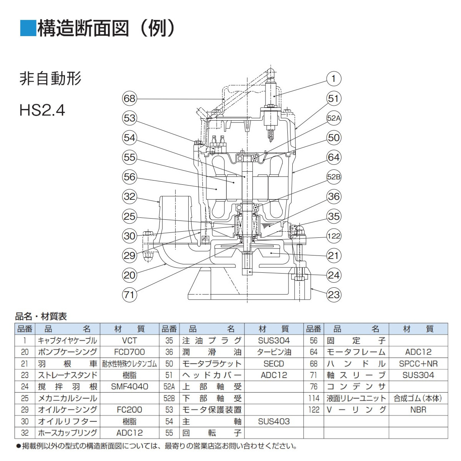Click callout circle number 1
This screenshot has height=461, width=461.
[x=333, y=79]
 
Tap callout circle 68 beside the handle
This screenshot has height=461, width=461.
[x=129, y=98]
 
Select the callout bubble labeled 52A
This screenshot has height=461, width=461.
[x=333, y=118]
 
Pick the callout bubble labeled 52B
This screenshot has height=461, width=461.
[x=333, y=177]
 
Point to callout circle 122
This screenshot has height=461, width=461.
[x=333, y=235]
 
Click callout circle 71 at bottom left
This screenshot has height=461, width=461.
[x=129, y=294]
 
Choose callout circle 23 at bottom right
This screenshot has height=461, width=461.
[x=333, y=294]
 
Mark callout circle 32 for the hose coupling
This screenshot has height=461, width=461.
[x=129, y=196]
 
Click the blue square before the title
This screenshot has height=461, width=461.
[x=27, y=28]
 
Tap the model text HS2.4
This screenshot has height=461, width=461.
[x=42, y=110]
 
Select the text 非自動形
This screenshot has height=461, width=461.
[x=50, y=79]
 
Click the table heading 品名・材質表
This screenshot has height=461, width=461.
[x=41, y=316]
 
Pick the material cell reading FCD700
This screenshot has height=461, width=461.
[x=129, y=352]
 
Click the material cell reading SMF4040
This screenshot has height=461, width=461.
[x=129, y=386]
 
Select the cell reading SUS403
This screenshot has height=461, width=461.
[x=274, y=421]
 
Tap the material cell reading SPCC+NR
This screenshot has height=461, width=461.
[x=418, y=363]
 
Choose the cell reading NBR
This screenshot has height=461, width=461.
[x=418, y=410]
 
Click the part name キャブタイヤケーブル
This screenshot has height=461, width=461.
[x=67, y=340]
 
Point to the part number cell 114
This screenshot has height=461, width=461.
[x=313, y=398]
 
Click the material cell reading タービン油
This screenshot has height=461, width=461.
[x=274, y=352]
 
